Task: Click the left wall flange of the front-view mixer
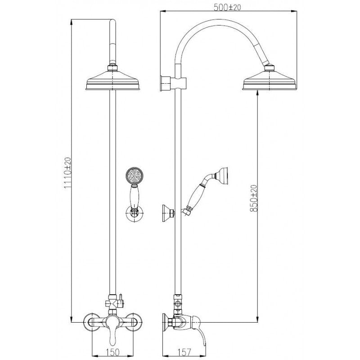pos(89,322)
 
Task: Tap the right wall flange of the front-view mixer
pos(134,322)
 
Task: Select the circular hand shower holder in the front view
pos(134,213)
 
